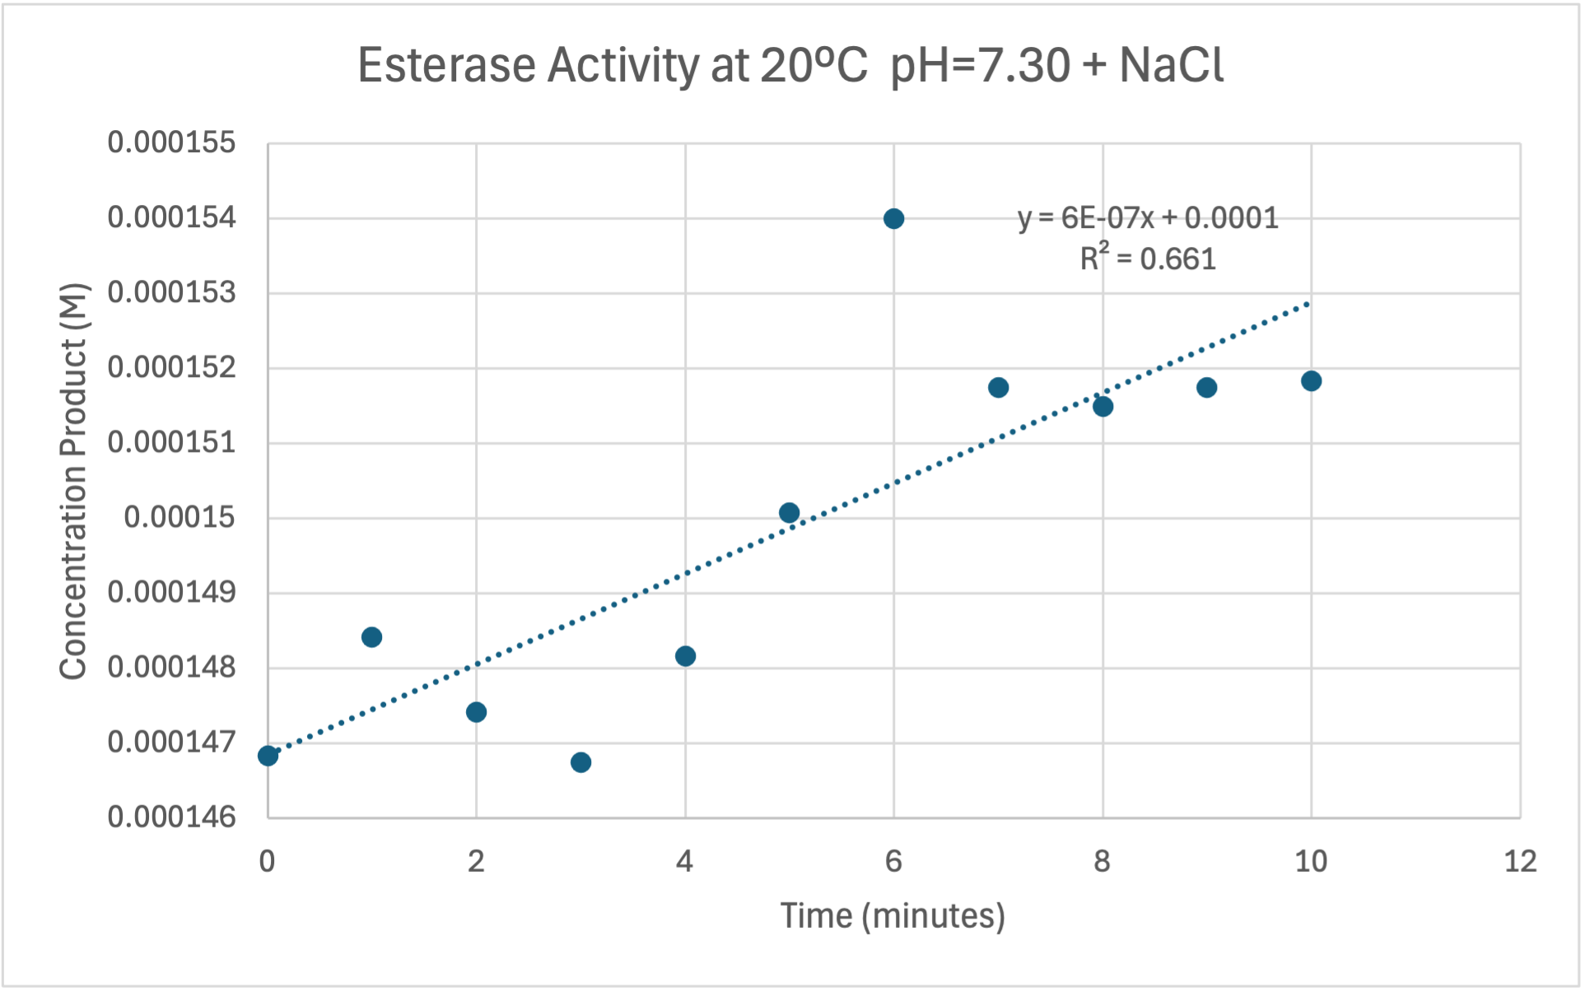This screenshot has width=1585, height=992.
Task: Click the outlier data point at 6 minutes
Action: click(893, 219)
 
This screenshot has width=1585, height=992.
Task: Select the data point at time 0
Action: click(268, 756)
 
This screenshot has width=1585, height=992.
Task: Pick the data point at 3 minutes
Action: click(580, 762)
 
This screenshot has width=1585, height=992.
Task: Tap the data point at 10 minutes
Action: click(1312, 380)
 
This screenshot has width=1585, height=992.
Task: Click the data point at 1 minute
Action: click(371, 637)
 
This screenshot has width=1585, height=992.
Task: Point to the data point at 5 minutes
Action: click(789, 513)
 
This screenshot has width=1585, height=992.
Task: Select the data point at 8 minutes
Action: click(1103, 406)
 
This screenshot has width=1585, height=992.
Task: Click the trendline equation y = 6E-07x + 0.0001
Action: click(1148, 218)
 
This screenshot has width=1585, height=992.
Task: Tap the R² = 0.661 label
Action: click(1148, 259)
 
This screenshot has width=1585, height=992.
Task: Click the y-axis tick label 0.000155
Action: click(171, 143)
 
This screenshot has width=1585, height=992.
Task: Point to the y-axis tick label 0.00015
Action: click(179, 518)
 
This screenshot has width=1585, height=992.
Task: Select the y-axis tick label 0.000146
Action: click(171, 817)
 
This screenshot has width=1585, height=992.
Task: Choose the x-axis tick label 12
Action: click(1520, 862)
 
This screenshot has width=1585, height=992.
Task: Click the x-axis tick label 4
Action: click(684, 862)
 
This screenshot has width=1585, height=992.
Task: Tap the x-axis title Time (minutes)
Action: click(893, 916)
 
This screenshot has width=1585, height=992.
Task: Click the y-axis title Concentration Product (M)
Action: click(73, 482)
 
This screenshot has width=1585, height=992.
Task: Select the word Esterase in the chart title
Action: click(446, 65)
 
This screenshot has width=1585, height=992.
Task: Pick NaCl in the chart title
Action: click(1171, 65)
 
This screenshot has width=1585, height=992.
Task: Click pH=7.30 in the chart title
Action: click(980, 65)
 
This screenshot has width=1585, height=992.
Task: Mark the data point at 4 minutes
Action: click(685, 656)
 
